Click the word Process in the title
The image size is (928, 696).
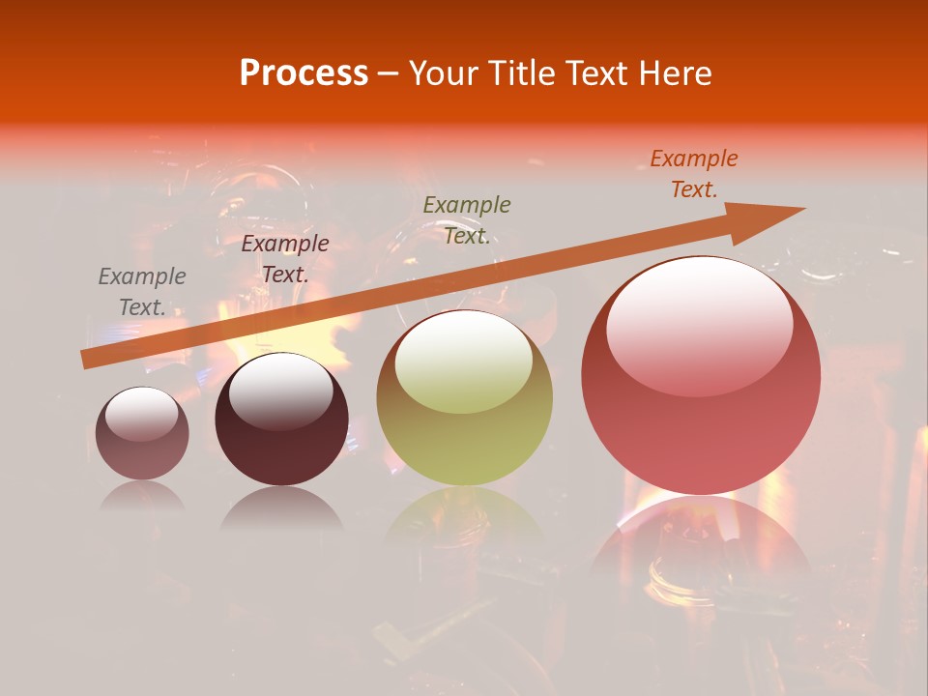point(304,73)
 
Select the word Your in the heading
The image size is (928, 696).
point(440,73)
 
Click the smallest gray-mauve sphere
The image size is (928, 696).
point(142,434)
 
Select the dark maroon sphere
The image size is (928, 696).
point(281,420)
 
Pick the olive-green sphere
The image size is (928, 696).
point(464,398)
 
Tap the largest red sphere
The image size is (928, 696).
point(701,375)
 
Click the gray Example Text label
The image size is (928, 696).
point(142,292)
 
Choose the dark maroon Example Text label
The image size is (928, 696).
point(285,259)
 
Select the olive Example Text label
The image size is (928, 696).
point(467,220)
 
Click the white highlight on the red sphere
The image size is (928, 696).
point(699,324)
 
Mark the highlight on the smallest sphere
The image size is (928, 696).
point(142,414)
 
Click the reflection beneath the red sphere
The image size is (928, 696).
point(701,546)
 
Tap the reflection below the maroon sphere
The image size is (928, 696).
point(281,507)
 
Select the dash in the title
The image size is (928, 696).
point(389,73)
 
